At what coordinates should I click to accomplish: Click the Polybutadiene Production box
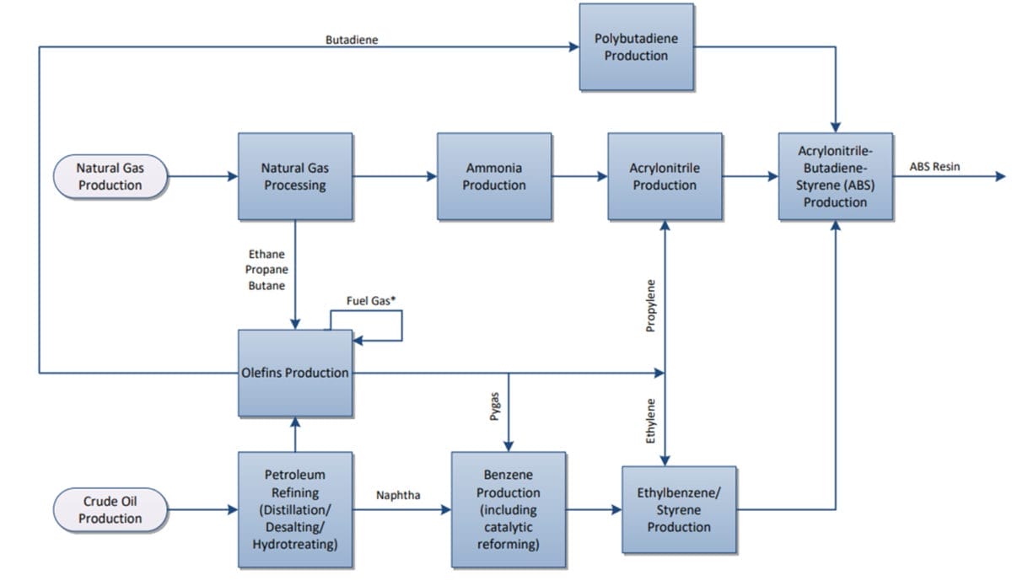tap(636, 47)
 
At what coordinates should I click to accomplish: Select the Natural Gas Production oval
tap(110, 176)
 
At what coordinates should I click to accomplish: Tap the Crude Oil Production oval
tap(110, 509)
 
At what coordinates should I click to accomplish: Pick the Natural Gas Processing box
tap(294, 176)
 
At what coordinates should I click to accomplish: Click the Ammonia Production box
tap(494, 176)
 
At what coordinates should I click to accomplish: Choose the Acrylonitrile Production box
tap(665, 176)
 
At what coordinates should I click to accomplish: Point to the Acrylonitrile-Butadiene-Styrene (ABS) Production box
tap(835, 176)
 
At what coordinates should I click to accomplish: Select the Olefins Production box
tap(294, 373)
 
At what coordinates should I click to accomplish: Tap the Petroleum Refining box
tap(294, 509)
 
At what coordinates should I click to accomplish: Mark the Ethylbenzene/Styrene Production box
tap(679, 508)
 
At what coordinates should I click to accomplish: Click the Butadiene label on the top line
tap(351, 40)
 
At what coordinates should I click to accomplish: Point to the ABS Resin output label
tap(934, 167)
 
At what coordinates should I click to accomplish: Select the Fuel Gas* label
tap(372, 301)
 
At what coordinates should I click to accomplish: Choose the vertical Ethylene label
tap(650, 422)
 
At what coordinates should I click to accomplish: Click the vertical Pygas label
tap(496, 419)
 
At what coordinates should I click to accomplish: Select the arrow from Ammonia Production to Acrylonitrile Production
tap(579, 176)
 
